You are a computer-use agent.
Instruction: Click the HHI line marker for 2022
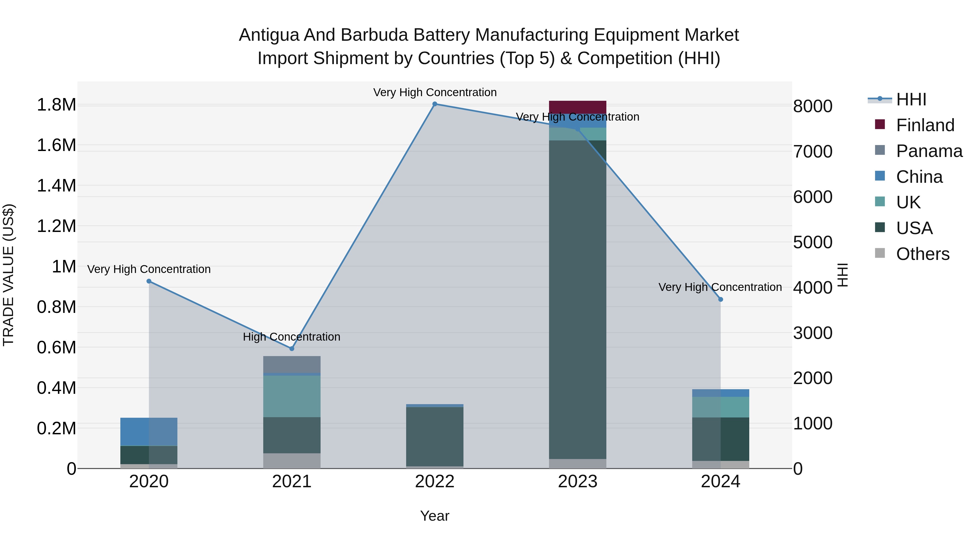tap(435, 104)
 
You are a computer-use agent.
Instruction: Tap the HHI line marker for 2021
tap(291, 348)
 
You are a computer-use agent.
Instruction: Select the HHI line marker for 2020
tap(149, 281)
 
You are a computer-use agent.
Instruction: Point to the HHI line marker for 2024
tap(720, 300)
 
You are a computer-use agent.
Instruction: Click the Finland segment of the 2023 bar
tap(578, 107)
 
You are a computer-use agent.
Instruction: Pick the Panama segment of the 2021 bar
tap(291, 365)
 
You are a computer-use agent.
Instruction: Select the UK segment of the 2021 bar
tap(291, 396)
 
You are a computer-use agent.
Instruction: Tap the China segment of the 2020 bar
tap(149, 432)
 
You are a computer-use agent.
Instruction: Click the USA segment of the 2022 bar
tap(435, 436)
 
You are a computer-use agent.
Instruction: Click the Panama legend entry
tap(929, 151)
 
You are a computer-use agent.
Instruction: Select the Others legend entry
tap(923, 254)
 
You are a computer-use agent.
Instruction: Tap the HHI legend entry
tap(911, 99)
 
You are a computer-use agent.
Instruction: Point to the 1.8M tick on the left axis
tap(57, 105)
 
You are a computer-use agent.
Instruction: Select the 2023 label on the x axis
tap(578, 482)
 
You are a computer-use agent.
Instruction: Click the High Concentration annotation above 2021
tap(291, 337)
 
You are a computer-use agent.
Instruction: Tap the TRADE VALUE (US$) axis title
tap(8, 275)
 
